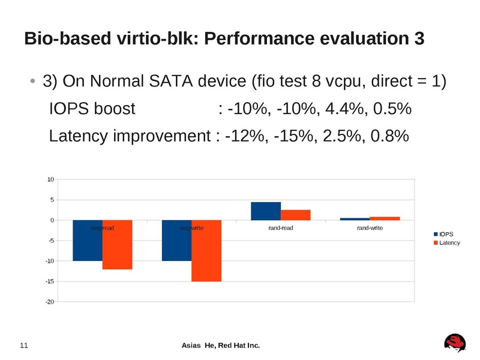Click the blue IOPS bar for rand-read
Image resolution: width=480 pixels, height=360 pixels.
pos(266,211)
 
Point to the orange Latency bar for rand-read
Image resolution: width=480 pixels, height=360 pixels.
pos(295,215)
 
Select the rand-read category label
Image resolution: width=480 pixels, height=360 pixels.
pos(280,228)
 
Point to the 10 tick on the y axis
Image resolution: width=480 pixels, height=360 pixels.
pos(51,179)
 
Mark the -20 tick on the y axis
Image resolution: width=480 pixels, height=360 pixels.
pos(50,302)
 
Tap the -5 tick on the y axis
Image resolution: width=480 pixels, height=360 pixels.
pos(52,241)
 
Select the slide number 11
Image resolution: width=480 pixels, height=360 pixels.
pos(25,346)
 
